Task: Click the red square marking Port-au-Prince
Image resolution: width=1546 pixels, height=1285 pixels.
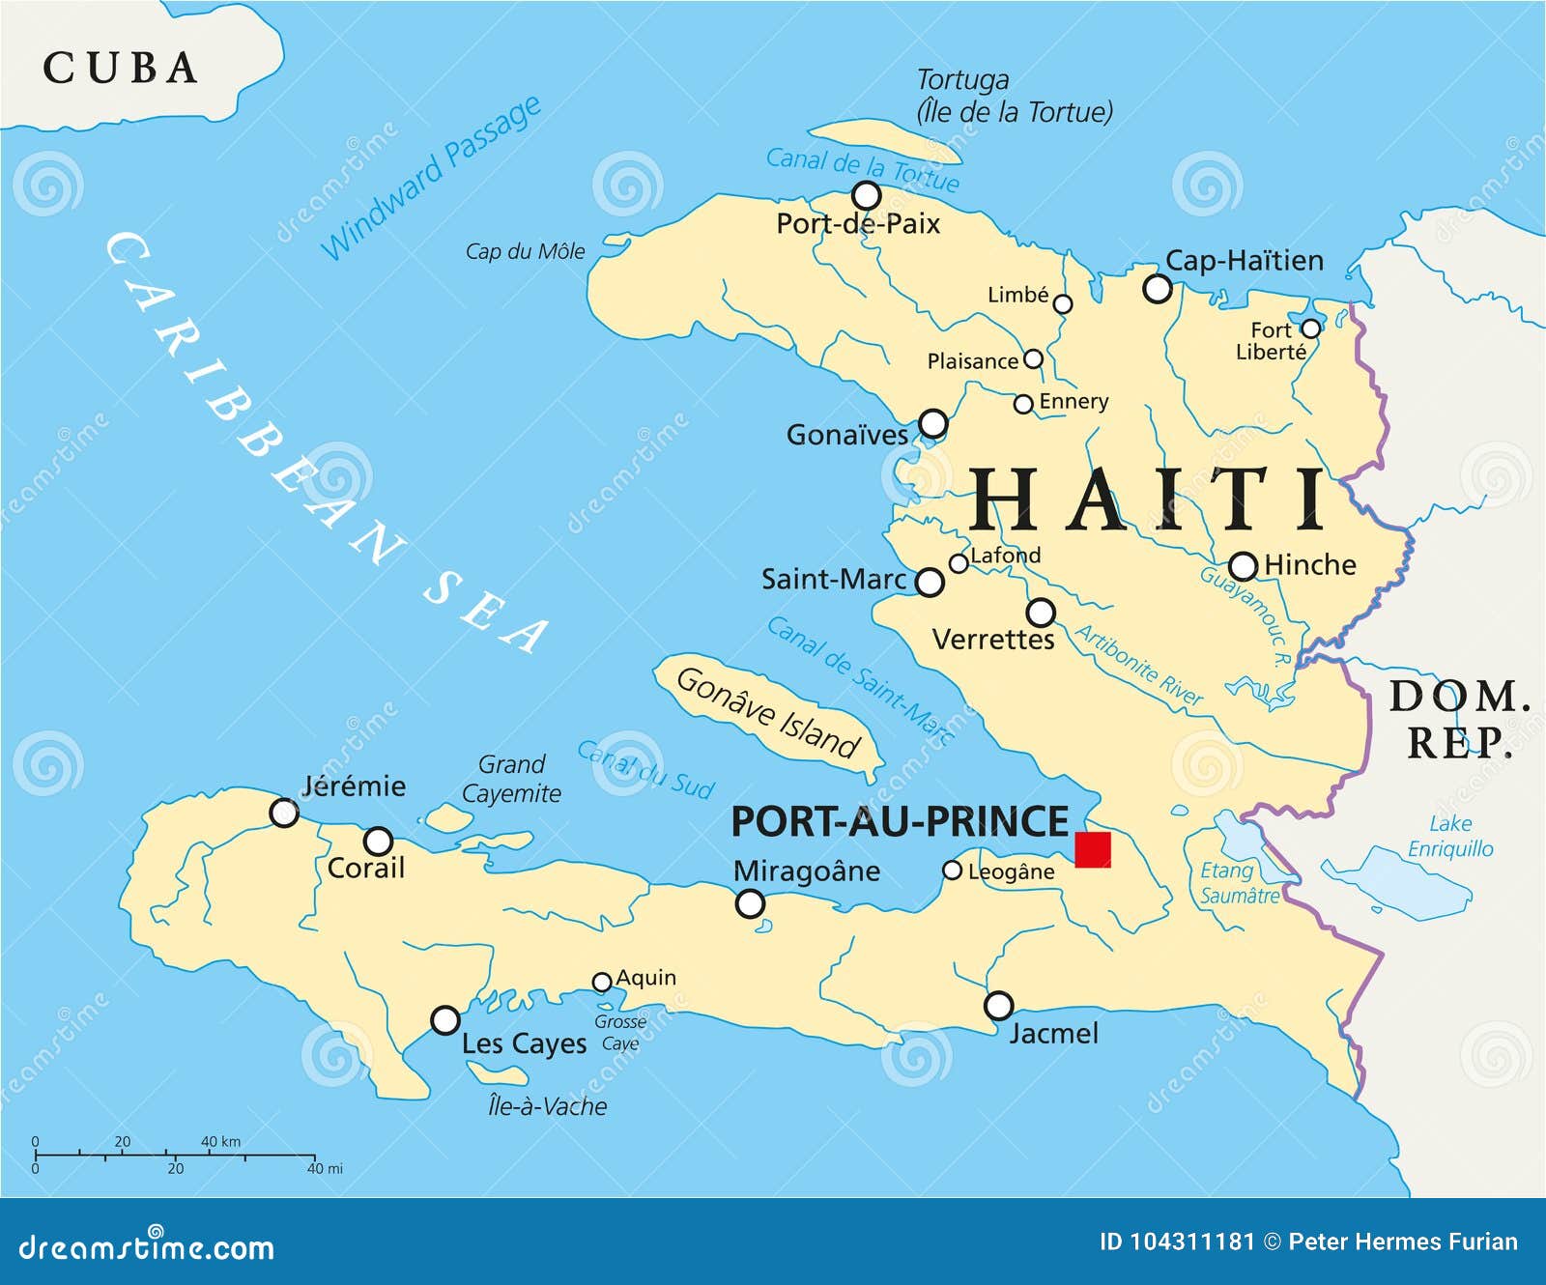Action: [1093, 849]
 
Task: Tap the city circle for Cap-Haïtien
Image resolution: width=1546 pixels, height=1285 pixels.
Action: [1158, 288]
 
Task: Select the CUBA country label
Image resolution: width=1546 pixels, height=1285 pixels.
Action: [121, 68]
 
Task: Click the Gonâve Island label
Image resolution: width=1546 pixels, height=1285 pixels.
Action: [767, 713]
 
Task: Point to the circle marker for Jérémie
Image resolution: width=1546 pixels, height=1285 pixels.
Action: [283, 813]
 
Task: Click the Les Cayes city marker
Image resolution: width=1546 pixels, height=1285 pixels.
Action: [444, 1019]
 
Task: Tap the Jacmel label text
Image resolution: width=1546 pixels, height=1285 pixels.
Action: [1054, 1034]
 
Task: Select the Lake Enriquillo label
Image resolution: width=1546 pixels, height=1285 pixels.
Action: [1450, 837]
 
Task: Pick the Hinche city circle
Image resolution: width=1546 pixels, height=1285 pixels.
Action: [1243, 566]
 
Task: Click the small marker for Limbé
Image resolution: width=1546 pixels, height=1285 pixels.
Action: [1063, 304]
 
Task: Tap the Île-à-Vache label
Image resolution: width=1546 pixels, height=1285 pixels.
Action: [548, 1106]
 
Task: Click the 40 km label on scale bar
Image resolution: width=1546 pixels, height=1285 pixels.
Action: [220, 1141]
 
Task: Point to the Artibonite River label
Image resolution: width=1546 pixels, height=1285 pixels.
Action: [1139, 666]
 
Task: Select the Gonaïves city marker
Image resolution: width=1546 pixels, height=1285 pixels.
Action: [932, 423]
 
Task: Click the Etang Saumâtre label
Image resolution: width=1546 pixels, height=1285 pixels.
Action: [1239, 883]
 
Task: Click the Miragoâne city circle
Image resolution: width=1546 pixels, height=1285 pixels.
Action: [750, 904]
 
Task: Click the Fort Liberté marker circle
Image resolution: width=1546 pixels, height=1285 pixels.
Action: [1310, 328]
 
